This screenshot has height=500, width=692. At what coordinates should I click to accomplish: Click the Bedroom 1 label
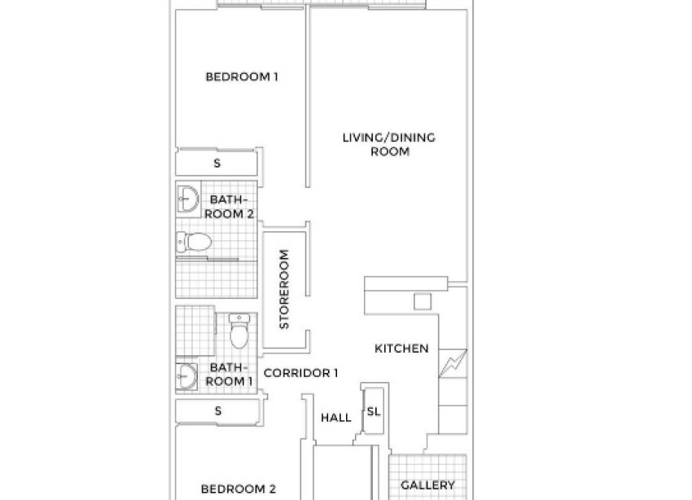point(242,77)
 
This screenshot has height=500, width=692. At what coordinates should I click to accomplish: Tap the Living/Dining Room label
point(389,144)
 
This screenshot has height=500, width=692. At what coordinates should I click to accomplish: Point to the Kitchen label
point(401,349)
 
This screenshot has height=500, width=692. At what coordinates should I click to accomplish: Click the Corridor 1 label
point(301,373)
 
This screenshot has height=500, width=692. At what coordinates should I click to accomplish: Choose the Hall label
point(335,418)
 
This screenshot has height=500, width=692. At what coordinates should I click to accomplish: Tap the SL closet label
point(373,412)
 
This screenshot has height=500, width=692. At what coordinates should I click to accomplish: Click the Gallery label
point(427,485)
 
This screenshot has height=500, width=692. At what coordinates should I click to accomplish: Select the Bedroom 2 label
point(239,489)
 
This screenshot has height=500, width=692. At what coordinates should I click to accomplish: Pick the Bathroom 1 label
point(228,375)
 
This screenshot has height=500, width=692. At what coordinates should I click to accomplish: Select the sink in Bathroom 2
point(188,198)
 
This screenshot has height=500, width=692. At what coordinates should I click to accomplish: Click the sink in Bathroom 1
point(188,377)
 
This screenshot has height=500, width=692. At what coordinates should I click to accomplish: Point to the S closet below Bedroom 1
point(217,163)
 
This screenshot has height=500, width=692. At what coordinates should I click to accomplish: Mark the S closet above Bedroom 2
point(217,411)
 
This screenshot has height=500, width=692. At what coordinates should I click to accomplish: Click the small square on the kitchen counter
point(422,302)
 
